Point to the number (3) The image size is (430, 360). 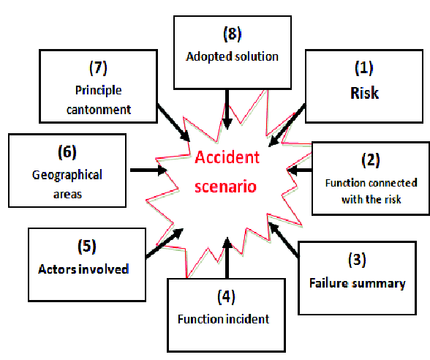(356, 260)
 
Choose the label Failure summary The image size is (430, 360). (357, 284)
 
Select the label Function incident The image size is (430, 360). (222, 319)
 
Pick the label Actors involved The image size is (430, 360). (83, 269)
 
